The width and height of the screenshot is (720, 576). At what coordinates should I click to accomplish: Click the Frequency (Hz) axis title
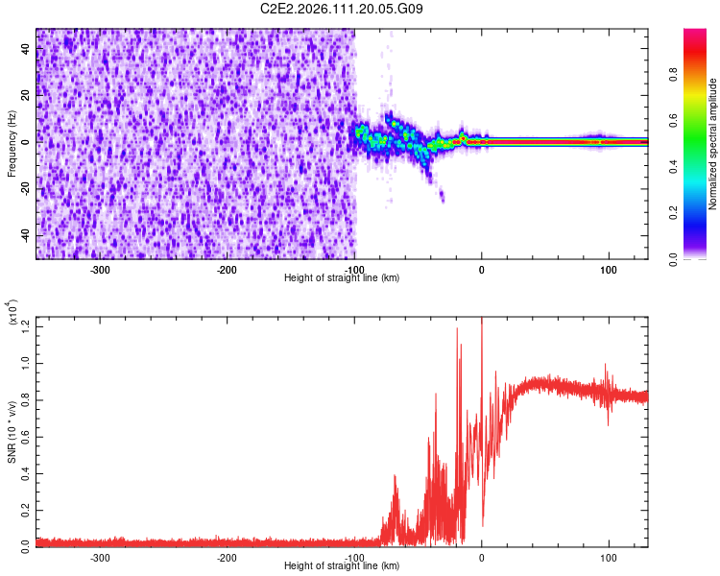click(x=12, y=144)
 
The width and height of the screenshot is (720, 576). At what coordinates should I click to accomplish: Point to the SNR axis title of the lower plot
click(x=12, y=432)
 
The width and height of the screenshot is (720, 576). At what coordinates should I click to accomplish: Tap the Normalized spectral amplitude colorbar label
click(x=713, y=144)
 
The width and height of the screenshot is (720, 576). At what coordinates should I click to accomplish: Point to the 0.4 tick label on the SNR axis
click(x=22, y=473)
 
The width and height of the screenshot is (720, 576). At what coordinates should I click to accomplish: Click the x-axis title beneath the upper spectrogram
click(x=342, y=278)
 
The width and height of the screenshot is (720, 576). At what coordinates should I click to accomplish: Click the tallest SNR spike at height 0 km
click(x=482, y=323)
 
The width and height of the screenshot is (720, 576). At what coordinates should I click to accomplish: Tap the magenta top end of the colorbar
click(x=694, y=33)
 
